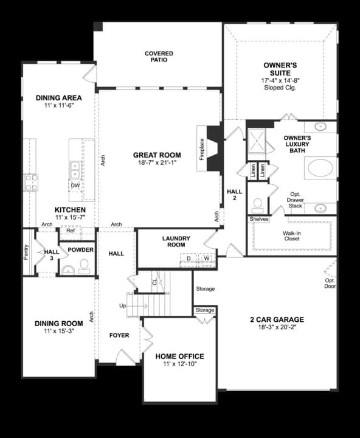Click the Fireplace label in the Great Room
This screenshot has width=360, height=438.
point(202,150)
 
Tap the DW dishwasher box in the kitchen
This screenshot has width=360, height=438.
point(75,186)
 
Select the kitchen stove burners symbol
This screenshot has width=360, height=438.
point(31,182)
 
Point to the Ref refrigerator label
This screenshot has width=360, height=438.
point(71,231)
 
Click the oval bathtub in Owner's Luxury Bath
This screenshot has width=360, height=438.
point(320,168)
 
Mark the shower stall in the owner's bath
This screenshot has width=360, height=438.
point(257,141)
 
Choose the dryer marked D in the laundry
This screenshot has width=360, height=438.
point(189,259)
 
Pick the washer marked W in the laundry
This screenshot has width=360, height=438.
point(207,259)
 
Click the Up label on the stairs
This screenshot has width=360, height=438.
point(123,306)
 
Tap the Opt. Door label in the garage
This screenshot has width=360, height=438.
point(330,283)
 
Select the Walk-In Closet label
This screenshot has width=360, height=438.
point(292,236)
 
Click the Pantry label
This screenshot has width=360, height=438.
point(26,252)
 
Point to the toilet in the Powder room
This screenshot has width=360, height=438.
point(84,266)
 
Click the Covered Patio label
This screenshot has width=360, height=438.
point(159,57)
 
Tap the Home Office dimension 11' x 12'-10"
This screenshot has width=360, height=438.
point(180,364)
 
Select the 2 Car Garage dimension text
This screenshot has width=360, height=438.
point(277,327)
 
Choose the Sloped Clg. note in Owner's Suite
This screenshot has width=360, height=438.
point(280,88)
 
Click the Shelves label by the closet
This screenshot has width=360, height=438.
point(259,219)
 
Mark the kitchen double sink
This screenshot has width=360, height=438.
point(75,170)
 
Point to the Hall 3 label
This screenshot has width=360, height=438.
point(52,255)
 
